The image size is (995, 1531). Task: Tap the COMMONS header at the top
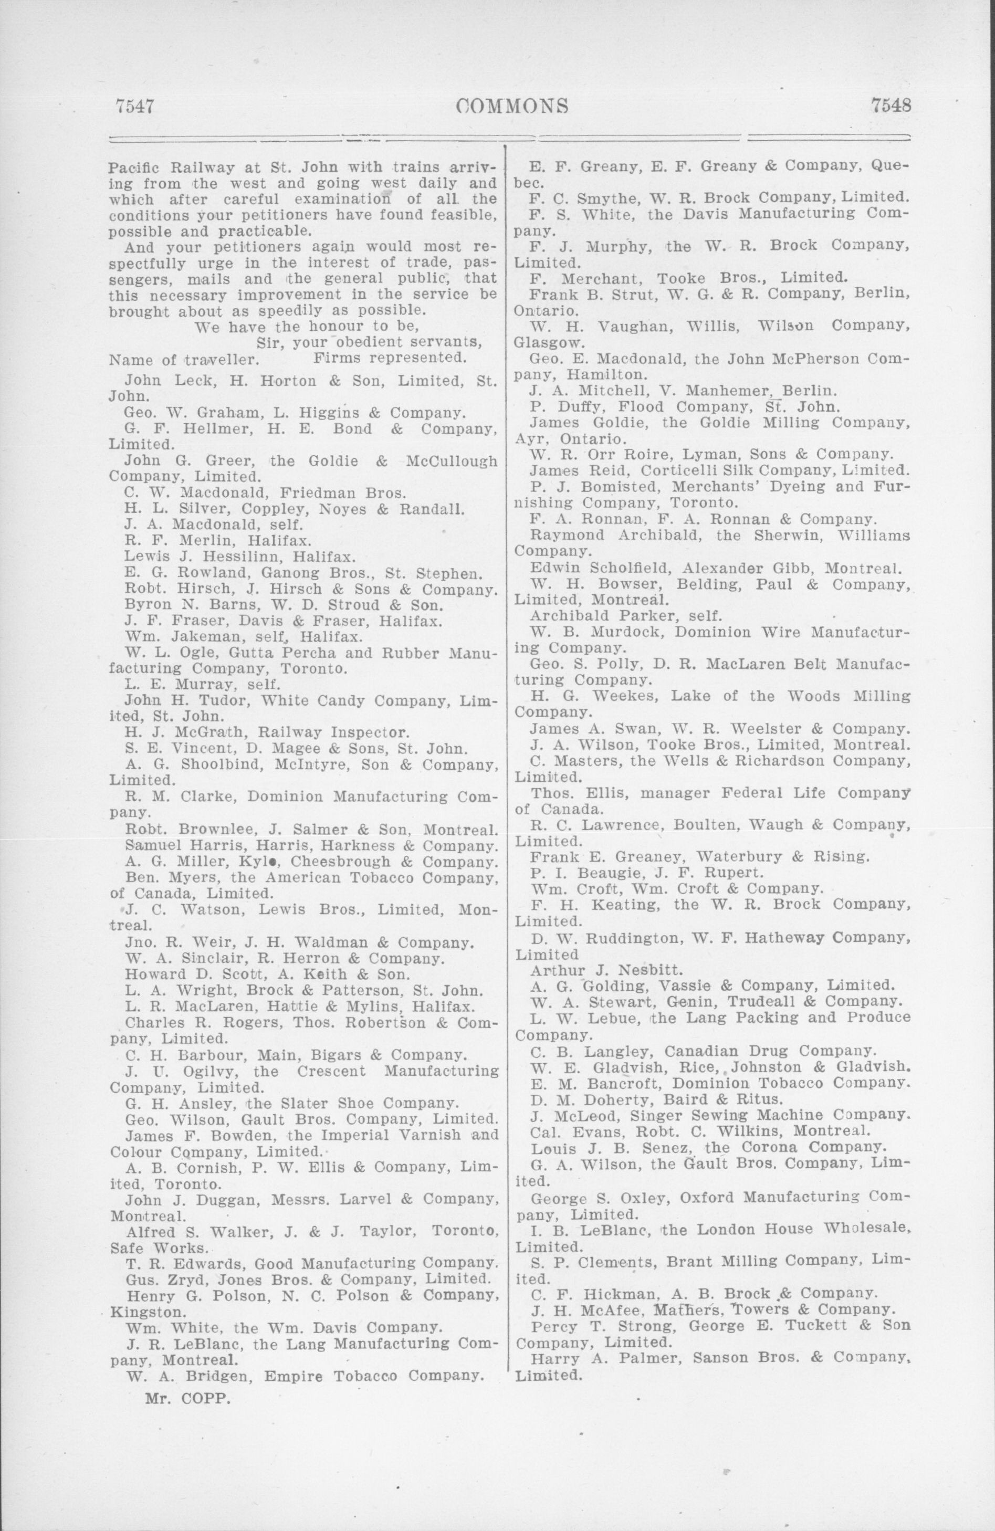coord(512,106)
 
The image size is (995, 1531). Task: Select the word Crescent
coord(331,1072)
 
